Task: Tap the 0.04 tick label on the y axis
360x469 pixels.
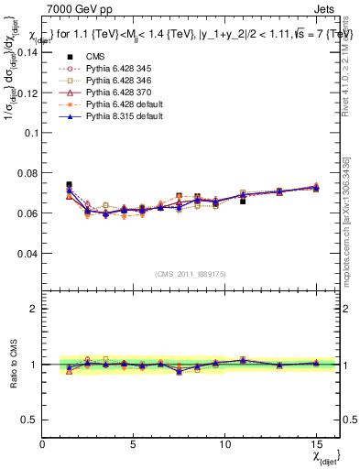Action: point(27,253)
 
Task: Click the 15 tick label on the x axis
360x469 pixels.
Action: point(315,444)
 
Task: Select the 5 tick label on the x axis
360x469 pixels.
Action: point(134,444)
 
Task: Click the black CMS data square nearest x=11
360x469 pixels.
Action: point(243,201)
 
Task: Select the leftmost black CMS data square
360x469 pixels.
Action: point(70,184)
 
